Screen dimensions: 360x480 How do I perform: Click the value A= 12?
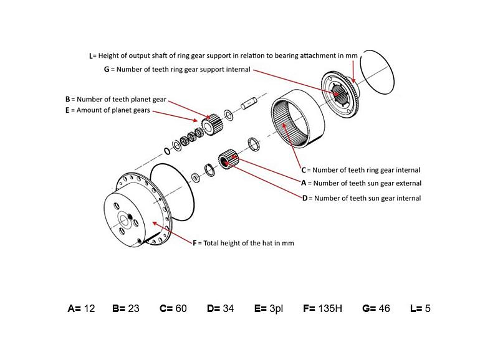coord(81,308)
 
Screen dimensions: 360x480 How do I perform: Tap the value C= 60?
coord(173,308)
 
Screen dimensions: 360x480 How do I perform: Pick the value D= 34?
coord(220,308)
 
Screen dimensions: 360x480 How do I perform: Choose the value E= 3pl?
coord(268,308)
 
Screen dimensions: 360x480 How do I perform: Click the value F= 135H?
coord(322,308)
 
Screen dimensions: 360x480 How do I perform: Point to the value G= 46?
coord(376,308)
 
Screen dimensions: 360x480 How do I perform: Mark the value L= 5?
coord(420,308)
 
